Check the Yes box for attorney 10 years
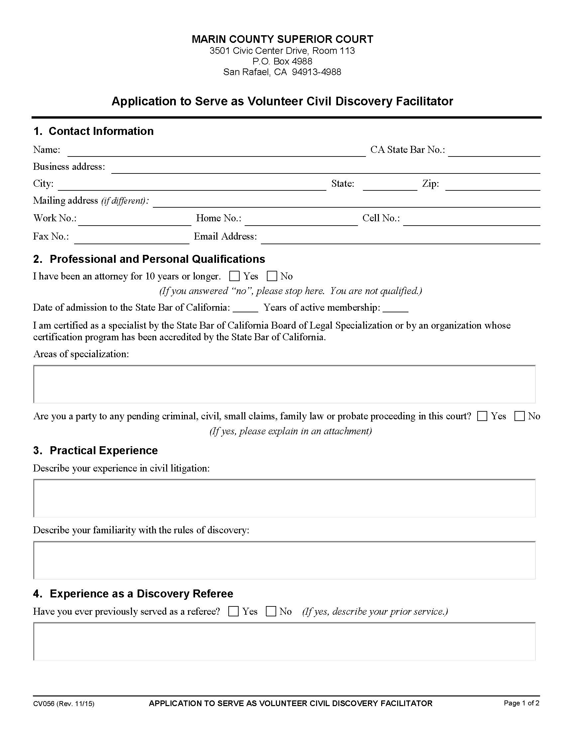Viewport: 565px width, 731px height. (234, 276)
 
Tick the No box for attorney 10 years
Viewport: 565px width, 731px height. (272, 276)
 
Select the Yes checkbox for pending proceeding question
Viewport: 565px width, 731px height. (482, 416)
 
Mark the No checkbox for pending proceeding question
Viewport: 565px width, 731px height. (519, 416)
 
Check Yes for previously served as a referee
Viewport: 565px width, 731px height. (233, 611)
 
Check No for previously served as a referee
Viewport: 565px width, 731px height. (271, 611)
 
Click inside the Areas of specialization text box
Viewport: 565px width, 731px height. (284, 384)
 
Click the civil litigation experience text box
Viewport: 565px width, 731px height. (284, 498)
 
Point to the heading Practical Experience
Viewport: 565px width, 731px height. (103, 451)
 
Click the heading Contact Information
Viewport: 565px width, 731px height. (101, 131)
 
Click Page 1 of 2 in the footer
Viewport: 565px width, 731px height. (521, 703)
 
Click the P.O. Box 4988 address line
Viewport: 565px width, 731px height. (282, 61)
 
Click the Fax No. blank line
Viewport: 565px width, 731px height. (132, 239)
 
